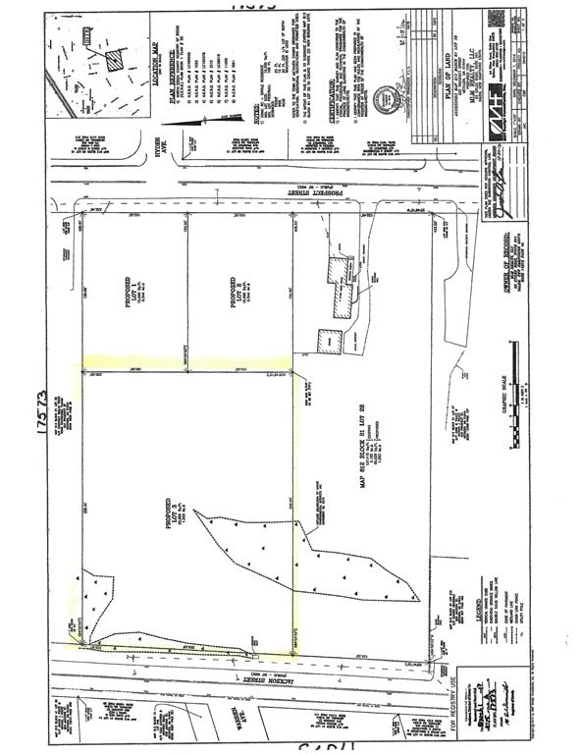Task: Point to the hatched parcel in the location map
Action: (x=117, y=59)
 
